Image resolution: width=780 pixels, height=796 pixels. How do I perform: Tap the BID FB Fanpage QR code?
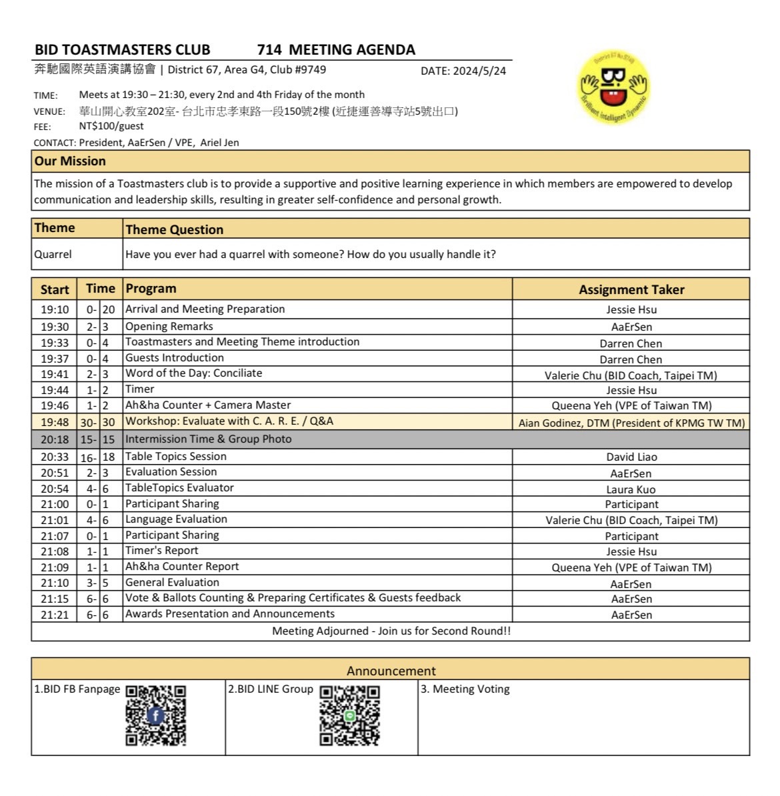[155, 715]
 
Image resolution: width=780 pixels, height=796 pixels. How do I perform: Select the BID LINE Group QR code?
[349, 715]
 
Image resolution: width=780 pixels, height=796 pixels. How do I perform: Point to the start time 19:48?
[55, 422]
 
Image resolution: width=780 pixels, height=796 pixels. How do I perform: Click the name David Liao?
[631, 457]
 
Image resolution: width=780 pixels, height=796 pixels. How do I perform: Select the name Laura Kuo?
[631, 489]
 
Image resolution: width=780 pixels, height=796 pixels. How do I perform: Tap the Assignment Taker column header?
[631, 289]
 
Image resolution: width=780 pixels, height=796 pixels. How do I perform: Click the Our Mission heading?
[70, 161]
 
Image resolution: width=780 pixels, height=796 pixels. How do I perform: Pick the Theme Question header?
[175, 229]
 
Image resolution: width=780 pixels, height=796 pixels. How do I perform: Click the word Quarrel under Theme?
[53, 254]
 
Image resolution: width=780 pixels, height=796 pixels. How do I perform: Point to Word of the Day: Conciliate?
[194, 373]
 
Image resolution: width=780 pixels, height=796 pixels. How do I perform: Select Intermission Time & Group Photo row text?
[208, 439]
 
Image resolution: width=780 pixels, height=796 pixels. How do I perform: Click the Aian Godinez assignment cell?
[631, 423]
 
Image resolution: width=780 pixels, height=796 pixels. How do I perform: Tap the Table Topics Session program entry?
[176, 457]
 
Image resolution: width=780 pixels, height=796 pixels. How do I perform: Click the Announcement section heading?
[391, 671]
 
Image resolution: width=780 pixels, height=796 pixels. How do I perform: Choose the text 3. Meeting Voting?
[465, 689]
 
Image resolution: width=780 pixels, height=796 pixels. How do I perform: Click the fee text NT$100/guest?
[111, 126]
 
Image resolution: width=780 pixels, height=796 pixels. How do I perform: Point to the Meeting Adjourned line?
[391, 631]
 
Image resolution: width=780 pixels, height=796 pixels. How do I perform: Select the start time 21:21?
[55, 615]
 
